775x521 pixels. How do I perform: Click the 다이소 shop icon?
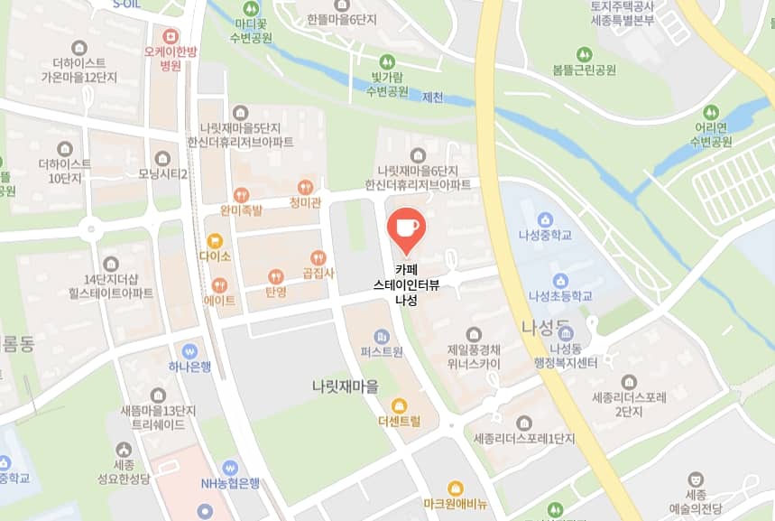pos(215,240)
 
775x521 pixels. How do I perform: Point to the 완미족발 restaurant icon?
pos(241,194)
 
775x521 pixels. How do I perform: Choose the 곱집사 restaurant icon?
pos(318,257)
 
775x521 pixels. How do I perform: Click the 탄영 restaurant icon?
pos(275,276)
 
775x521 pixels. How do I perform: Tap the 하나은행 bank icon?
pos(189,350)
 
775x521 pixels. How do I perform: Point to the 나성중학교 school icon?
pos(545,219)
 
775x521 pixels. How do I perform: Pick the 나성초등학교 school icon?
pos(560,280)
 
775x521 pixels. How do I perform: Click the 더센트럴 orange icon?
pos(399,405)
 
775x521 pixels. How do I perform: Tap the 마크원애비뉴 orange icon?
pos(456,488)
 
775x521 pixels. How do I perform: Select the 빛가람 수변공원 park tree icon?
pos(387,61)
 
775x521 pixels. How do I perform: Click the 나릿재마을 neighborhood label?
pos(346,386)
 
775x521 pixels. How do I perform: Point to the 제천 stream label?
pos(432,97)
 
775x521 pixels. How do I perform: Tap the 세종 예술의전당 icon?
pos(695,479)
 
